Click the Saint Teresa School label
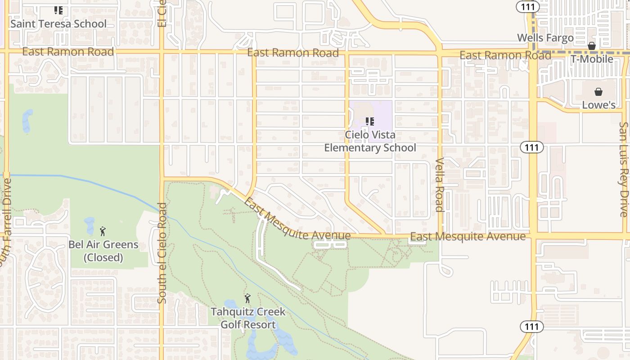coord(58,24)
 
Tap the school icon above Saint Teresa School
coord(58,10)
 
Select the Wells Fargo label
coord(545,38)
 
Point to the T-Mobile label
coord(592,59)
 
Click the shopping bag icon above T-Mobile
coord(592,46)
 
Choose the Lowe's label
coord(598,105)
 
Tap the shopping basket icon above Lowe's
coord(598,92)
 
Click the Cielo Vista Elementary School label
coord(370,141)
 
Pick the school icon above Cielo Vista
coord(370,121)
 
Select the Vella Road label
coord(440,184)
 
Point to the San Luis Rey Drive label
coord(624,169)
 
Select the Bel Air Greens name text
coord(103,245)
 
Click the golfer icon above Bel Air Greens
coord(103,231)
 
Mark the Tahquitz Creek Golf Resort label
coord(248,318)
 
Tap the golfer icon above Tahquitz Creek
coord(247,298)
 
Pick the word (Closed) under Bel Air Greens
coord(103,258)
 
